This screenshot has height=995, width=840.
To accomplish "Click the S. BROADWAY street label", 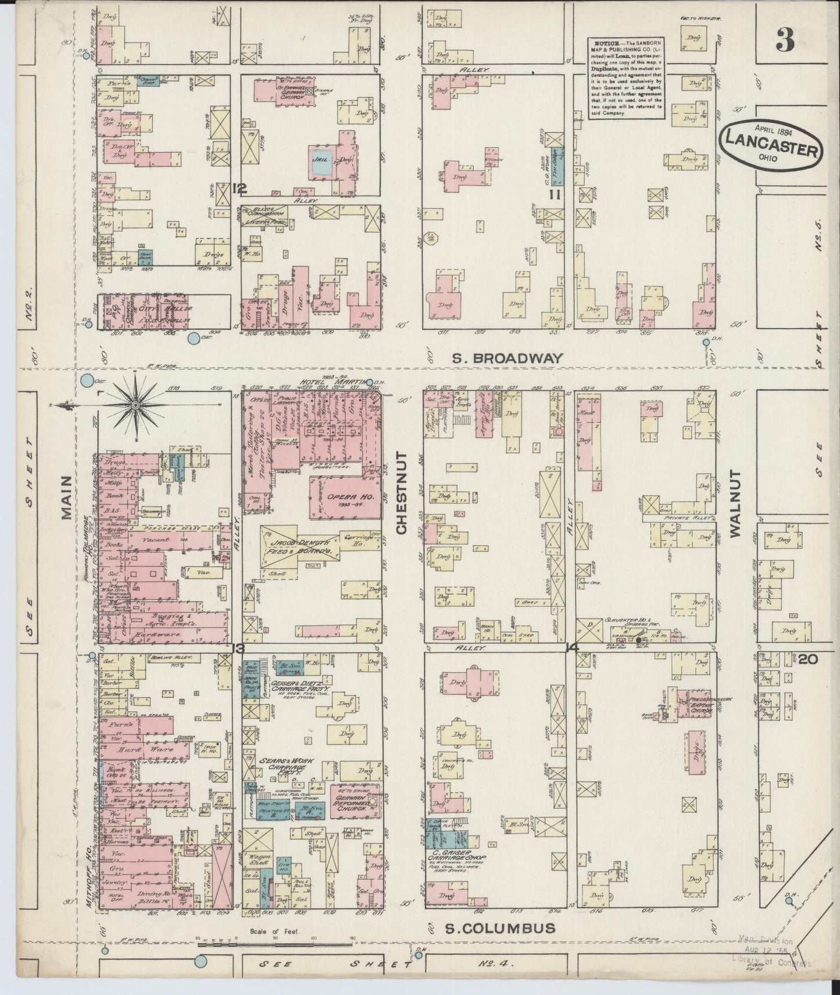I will (x=508, y=358).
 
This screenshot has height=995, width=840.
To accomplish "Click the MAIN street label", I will (x=65, y=496).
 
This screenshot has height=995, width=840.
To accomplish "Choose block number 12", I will (x=239, y=189).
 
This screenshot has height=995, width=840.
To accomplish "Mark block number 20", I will (x=808, y=659).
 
